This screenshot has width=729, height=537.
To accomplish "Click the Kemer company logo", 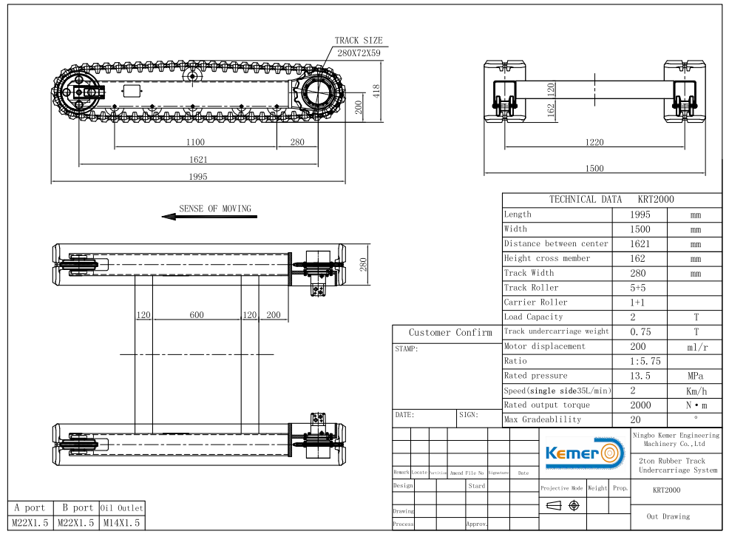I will pyautogui.click(x=583, y=452).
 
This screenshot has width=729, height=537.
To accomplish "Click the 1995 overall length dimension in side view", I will pyautogui.click(x=197, y=176).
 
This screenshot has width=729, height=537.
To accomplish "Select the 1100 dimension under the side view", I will pyautogui.click(x=195, y=142).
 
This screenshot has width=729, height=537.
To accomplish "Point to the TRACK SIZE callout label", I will pyautogui.click(x=359, y=41).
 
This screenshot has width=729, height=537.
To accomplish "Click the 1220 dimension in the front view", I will pyautogui.click(x=594, y=142).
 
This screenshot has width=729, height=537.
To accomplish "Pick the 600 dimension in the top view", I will pyautogui.click(x=197, y=315).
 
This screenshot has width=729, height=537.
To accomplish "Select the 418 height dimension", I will pyautogui.click(x=376, y=91).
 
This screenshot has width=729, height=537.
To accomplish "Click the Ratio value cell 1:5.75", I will pyautogui.click(x=640, y=361).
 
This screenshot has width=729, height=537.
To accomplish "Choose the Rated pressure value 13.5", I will pyautogui.click(x=640, y=376).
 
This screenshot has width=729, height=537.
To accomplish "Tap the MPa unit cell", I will pyautogui.click(x=695, y=376).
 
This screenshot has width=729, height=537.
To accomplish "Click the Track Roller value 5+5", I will pyautogui.click(x=640, y=288).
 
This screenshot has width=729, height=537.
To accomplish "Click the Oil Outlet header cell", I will pyautogui.click(x=121, y=508).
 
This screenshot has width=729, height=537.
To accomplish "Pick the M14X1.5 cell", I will pyautogui.click(x=121, y=523).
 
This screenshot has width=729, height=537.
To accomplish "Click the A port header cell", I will pyautogui.click(x=30, y=508).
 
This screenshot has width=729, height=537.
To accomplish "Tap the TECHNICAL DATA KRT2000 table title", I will pyautogui.click(x=611, y=200).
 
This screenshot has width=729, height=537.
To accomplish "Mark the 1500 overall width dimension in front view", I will pyautogui.click(x=594, y=168).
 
